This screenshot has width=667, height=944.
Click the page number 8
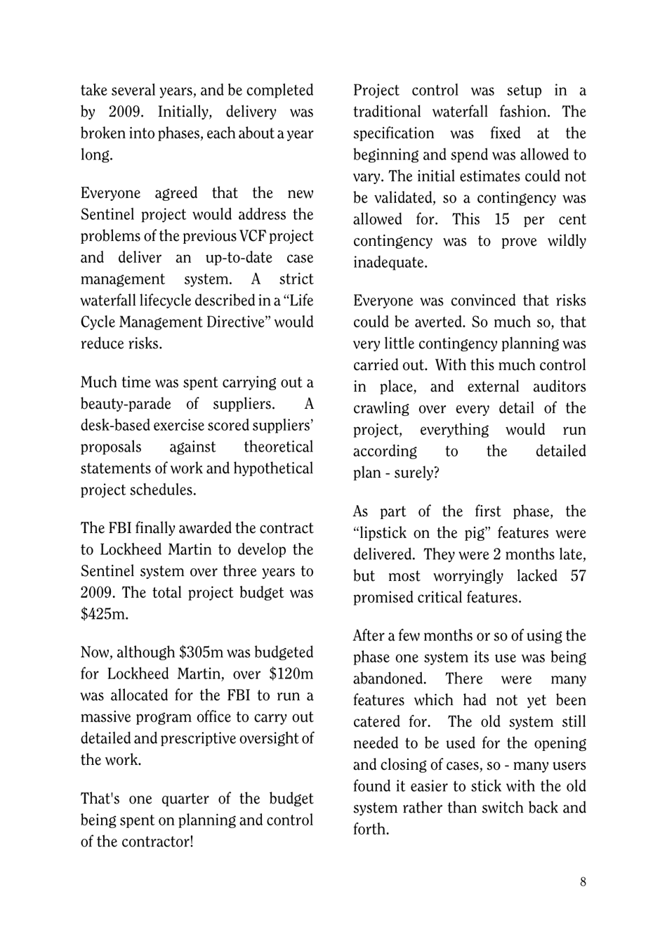(x=583, y=882)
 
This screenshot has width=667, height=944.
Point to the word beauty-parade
(x=126, y=404)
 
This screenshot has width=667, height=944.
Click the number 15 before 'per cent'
(x=501, y=219)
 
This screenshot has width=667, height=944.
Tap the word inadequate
(x=390, y=263)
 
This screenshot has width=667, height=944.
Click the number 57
(x=577, y=576)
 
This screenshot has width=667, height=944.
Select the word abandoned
(x=390, y=679)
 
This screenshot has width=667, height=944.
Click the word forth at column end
(x=371, y=830)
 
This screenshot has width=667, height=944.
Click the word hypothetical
(x=272, y=468)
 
